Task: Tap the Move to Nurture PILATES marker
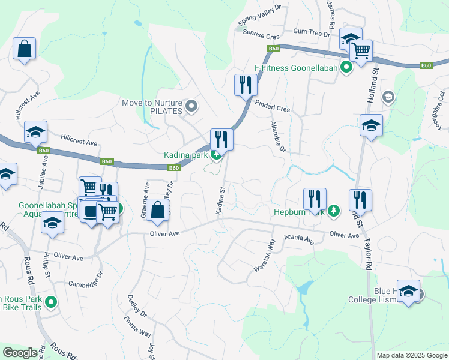191,107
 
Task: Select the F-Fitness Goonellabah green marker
346,67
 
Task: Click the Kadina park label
185,155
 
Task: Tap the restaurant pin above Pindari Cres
245,85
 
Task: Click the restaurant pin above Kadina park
221,139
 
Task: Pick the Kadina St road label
220,201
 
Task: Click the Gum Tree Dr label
308,32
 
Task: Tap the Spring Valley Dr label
259,15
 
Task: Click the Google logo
20,353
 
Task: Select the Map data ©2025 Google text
412,355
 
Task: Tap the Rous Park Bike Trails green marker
52,303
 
